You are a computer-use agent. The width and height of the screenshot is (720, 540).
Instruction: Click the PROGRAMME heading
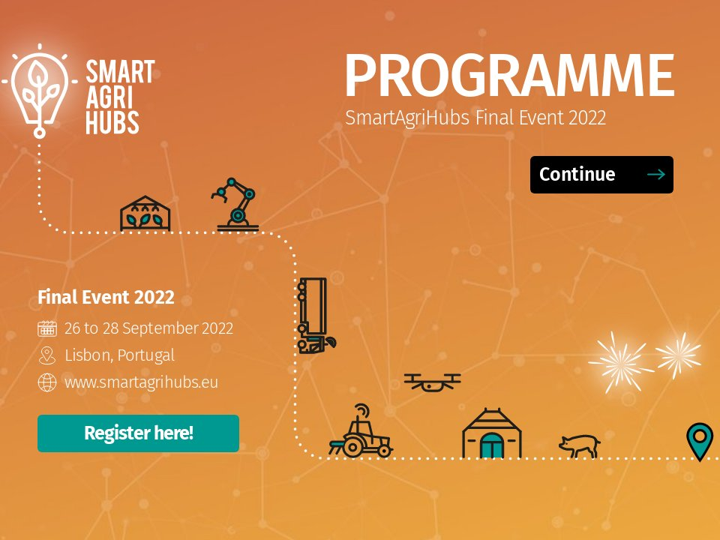pyautogui.click(x=509, y=76)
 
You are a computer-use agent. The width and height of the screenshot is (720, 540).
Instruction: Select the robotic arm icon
pyautogui.click(x=237, y=203)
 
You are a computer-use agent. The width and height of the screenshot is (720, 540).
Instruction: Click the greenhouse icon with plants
pyautogui.click(x=145, y=214)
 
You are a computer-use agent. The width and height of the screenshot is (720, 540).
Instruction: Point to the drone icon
pyautogui.click(x=432, y=382)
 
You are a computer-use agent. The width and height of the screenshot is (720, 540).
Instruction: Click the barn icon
pyautogui.click(x=491, y=433)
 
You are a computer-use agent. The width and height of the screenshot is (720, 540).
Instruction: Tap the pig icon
pyautogui.click(x=580, y=446)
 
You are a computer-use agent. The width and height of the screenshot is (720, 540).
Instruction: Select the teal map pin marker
pyautogui.click(x=700, y=439)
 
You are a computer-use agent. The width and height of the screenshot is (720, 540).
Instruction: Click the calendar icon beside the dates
pyautogui.click(x=47, y=328)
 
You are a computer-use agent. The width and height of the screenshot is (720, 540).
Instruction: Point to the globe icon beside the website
pyautogui.click(x=47, y=382)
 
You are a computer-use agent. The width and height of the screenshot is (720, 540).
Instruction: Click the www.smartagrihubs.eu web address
pyautogui.click(x=142, y=382)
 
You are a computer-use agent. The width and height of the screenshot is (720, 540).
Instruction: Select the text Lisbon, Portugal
pyautogui.click(x=120, y=355)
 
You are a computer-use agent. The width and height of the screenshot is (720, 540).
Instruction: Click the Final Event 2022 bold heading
pyautogui.click(x=106, y=298)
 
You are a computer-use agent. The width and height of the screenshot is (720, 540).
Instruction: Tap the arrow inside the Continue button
pyautogui.click(x=655, y=175)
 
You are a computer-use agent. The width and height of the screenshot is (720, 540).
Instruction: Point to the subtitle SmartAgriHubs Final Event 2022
pyautogui.click(x=475, y=118)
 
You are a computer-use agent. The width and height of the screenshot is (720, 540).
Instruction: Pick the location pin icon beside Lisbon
pyautogui.click(x=47, y=355)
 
